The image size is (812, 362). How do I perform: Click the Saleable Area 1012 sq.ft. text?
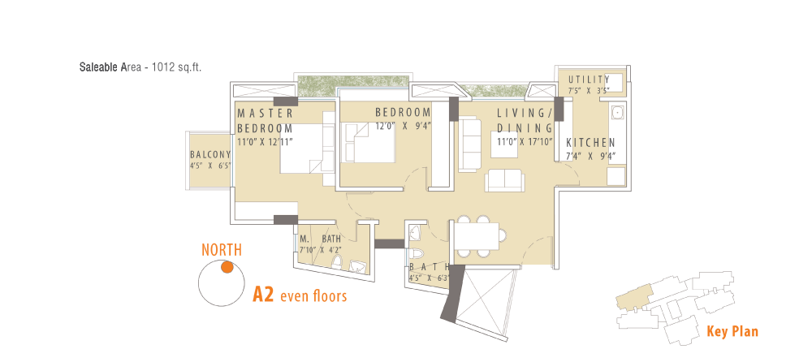140,67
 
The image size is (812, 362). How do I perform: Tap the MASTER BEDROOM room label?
266,121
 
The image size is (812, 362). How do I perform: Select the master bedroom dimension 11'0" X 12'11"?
266,141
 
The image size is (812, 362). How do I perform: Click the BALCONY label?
210,154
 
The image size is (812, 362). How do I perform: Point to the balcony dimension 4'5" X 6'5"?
210,166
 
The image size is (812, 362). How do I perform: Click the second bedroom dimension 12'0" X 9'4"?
404,125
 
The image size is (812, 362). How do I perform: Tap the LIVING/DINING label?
525,120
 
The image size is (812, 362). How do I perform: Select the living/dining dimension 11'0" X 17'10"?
525,141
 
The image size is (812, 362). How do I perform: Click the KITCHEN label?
590,143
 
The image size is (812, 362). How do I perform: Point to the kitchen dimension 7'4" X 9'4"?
590,155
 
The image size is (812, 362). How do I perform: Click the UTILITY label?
589,80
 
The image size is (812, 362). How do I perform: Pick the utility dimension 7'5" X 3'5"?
589,90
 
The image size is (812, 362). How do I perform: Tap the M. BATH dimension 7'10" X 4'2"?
319,249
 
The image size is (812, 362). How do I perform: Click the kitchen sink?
616,112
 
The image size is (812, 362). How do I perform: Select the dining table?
476,235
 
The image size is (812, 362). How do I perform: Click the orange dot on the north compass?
227,267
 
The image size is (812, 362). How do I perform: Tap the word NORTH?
222,250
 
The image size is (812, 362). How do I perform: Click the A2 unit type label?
262,294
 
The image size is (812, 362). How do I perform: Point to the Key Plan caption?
732,331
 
